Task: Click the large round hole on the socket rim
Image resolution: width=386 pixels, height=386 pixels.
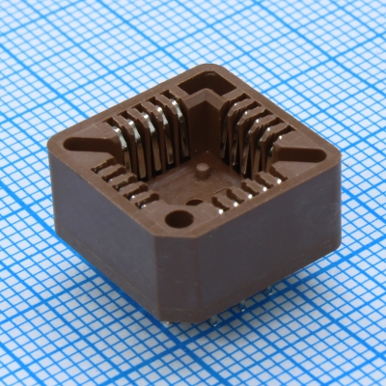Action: tap(179, 218)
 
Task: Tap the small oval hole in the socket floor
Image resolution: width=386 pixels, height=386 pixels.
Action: tap(196, 203)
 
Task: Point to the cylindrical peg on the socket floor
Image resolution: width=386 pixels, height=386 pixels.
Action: tap(204, 172)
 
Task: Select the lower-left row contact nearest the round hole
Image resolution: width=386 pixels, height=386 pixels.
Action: tap(144, 199)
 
